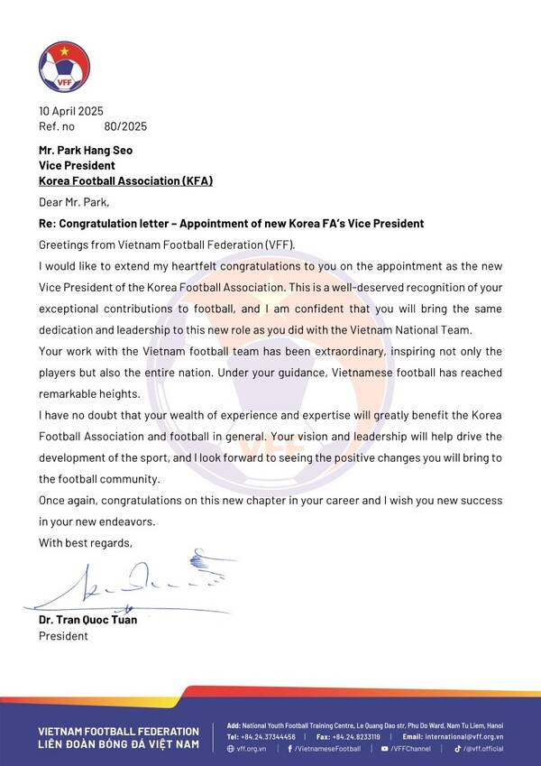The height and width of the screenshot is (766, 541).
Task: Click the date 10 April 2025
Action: point(71,112)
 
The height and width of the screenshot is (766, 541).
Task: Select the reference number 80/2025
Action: point(125,126)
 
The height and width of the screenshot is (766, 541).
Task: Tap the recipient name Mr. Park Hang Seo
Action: point(85,151)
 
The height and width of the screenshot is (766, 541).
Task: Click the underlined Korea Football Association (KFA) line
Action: point(125,180)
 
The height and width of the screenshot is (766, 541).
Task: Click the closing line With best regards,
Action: point(85,542)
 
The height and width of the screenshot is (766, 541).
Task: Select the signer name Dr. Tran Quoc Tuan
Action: point(93,620)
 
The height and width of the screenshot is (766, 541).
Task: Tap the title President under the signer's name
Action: point(63,636)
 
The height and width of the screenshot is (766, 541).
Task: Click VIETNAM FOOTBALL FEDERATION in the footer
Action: point(118,730)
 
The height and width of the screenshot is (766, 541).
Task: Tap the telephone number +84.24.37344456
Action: point(268,736)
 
